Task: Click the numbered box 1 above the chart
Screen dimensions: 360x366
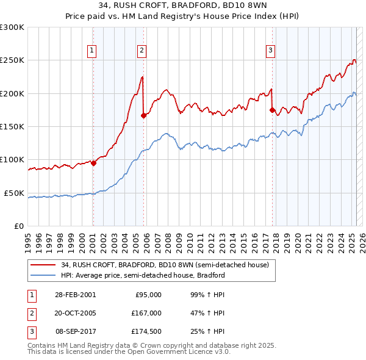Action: click(91, 51)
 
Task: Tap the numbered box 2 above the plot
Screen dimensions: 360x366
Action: click(141, 51)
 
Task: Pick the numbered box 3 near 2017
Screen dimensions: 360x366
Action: click(270, 51)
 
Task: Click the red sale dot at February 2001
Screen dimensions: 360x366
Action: click(94, 163)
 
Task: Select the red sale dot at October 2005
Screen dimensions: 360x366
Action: click(144, 115)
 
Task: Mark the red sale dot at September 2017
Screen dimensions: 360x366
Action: click(272, 110)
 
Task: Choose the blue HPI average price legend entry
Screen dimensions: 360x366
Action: click(143, 275)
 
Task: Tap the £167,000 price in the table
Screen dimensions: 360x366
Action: click(147, 313)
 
